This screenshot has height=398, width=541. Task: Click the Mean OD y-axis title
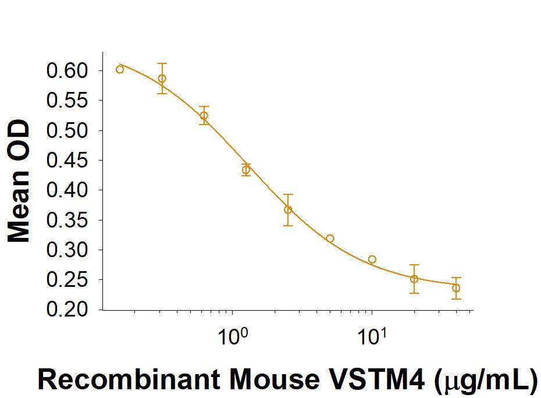19,181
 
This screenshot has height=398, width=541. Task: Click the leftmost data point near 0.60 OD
120,69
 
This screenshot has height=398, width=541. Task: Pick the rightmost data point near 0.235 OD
456,288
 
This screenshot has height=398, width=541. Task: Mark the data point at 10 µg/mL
372,259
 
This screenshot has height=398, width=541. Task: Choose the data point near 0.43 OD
246,170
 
